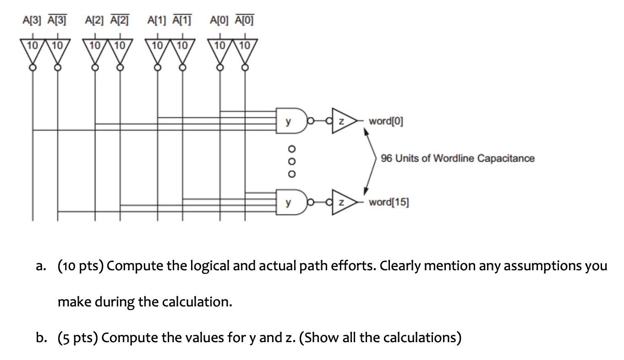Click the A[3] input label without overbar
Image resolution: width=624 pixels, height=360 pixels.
32,20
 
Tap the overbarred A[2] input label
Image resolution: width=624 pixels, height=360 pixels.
119,20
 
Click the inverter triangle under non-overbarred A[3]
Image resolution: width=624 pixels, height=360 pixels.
32,51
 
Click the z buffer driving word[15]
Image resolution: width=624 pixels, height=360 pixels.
341,202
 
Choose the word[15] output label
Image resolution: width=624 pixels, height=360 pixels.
389,202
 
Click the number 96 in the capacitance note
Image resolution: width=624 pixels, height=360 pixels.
387,158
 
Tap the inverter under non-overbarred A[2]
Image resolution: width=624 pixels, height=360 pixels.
95,51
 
